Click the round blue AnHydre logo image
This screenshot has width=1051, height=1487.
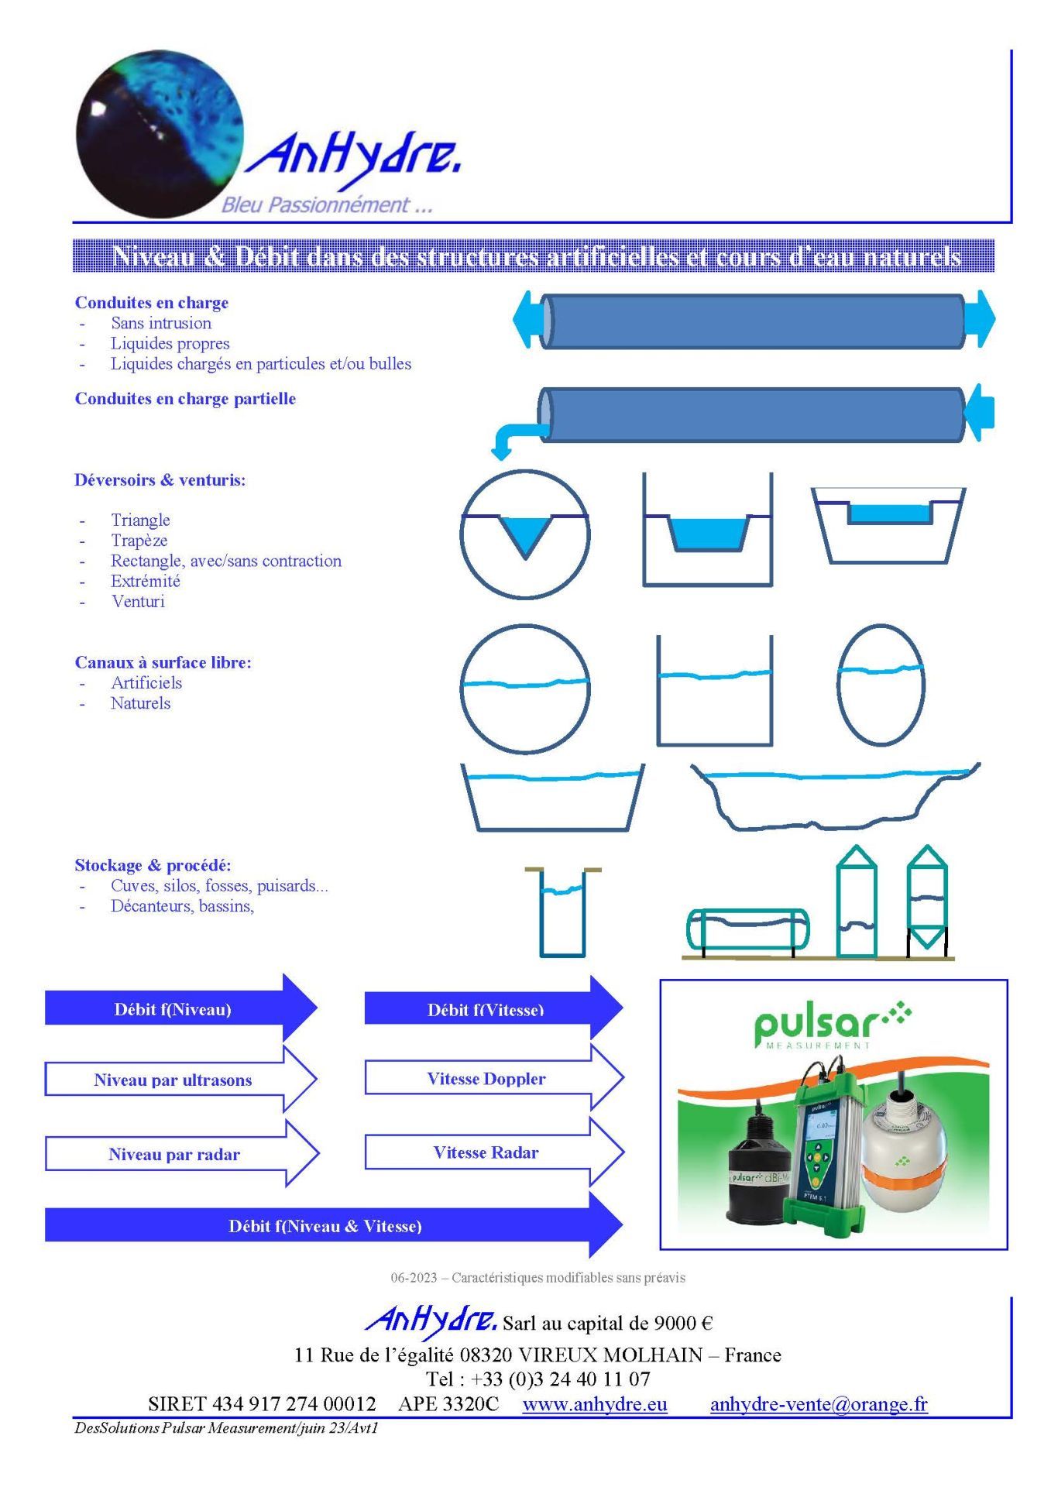[160, 133]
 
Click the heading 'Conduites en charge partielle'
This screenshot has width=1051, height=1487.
[185, 399]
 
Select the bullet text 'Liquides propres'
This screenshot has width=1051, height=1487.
[170, 343]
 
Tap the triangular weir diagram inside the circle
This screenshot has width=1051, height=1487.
[525, 534]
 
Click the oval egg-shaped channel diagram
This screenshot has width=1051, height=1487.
[881, 685]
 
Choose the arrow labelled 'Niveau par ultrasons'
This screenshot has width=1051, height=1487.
[173, 1080]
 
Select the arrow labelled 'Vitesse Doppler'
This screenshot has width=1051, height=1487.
[486, 1079]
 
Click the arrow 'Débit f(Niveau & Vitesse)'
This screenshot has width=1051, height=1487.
[325, 1226]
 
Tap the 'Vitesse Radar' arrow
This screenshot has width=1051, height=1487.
[486, 1152]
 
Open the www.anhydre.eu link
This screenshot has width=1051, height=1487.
[594, 1404]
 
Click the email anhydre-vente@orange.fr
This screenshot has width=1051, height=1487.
[819, 1404]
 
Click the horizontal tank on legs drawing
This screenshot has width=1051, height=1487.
[748, 929]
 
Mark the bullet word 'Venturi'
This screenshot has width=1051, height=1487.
[138, 601]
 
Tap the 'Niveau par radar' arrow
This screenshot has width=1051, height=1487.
[174, 1154]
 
